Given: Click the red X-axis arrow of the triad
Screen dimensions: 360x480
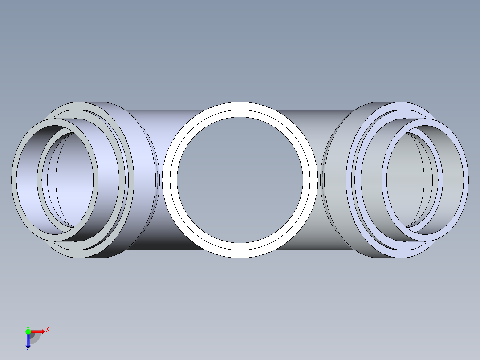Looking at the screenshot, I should tap(38, 331).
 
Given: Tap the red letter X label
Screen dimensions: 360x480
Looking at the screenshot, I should tap(48, 330).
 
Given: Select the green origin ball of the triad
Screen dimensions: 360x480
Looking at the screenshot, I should tap(28, 331).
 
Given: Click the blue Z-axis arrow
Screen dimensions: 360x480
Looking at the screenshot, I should tap(28, 341).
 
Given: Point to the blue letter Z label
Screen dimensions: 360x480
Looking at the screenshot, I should tap(28, 349).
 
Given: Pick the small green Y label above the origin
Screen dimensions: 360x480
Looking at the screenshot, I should tap(28, 327).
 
